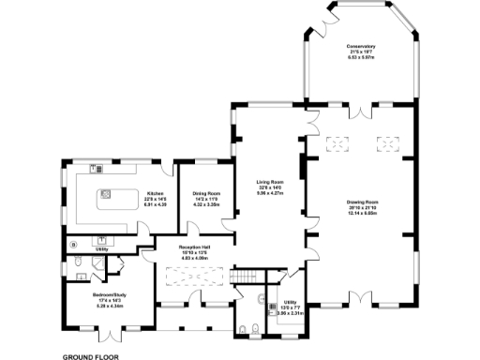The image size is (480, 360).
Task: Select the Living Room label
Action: click(269, 183)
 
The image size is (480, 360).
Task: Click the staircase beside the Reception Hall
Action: click(245, 277)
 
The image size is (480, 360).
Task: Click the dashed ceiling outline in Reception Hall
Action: click(193, 277)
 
